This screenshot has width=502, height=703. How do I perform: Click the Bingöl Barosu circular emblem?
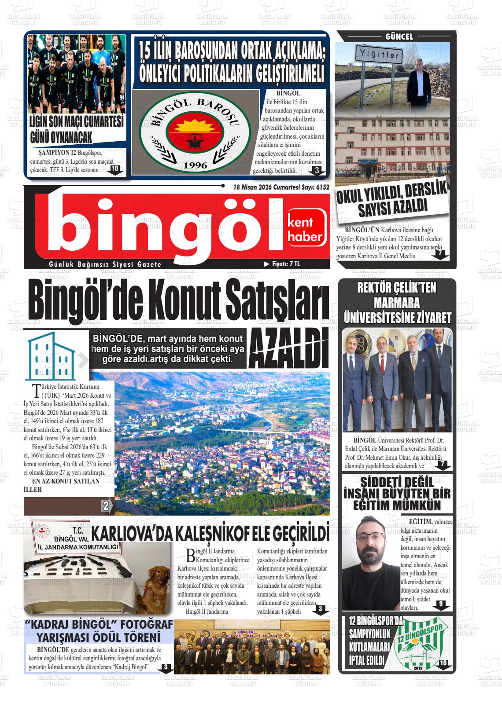(x=195, y=133)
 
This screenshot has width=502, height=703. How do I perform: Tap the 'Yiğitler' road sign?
(x=377, y=55)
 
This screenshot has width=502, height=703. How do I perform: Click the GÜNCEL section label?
(x=399, y=37)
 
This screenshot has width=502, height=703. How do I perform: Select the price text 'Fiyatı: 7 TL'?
(x=282, y=264)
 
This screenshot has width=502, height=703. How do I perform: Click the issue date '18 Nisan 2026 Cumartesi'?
(x=270, y=187)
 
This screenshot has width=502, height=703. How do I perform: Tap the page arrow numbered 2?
(x=106, y=506)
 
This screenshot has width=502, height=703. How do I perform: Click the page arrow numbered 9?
(x=440, y=604)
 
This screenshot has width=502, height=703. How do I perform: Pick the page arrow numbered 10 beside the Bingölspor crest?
(x=443, y=663)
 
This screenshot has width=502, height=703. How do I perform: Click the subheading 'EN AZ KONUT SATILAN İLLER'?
(x=62, y=485)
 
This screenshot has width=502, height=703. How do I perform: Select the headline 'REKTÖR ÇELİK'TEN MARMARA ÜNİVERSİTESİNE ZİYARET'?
(x=397, y=303)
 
